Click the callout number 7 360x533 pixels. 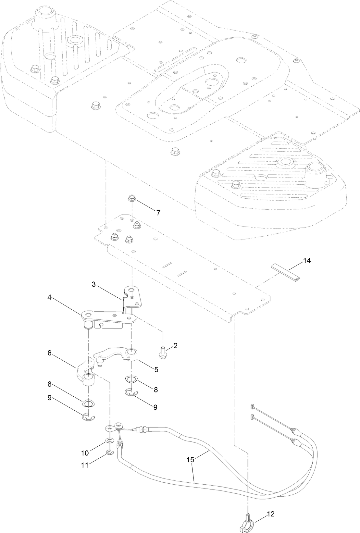point(158,213)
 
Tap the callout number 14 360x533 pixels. point(307,261)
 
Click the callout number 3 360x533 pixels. point(93,284)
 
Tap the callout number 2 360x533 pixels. point(175,346)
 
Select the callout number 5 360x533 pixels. point(156,369)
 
